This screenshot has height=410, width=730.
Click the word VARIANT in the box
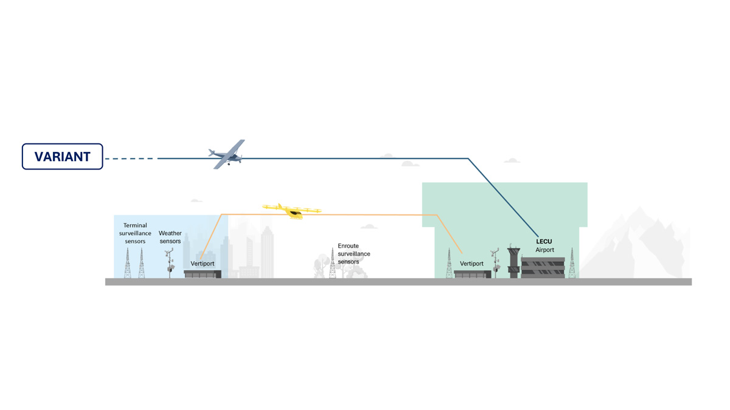coord(62,157)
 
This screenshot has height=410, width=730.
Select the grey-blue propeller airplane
coord(227,155)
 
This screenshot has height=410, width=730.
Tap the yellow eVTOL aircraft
coord(291,211)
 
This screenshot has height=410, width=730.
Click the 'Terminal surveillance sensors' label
coord(135,233)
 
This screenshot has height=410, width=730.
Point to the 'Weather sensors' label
coord(170,237)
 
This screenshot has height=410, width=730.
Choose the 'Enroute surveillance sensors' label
coord(354,254)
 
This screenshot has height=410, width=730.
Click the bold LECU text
coord(544,242)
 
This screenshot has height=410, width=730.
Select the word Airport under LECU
coord(544,250)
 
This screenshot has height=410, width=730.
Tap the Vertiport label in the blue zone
coord(203,264)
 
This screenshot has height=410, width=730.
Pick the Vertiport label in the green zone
coord(471,264)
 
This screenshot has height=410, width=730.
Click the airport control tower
coord(513,261)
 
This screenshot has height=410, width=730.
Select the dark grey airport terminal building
coord(543,267)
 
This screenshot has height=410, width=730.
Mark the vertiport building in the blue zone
coord(203,274)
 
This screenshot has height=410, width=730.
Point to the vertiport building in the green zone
coord(472,274)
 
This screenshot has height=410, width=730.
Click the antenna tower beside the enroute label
coord(332,263)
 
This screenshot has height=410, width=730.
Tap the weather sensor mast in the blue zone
coord(169,263)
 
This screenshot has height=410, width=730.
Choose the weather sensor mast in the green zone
coord(495,263)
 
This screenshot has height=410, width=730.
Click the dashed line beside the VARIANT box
coord(130,159)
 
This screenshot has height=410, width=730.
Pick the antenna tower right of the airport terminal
coord(572,263)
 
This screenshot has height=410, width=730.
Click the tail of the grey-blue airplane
coord(212,152)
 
